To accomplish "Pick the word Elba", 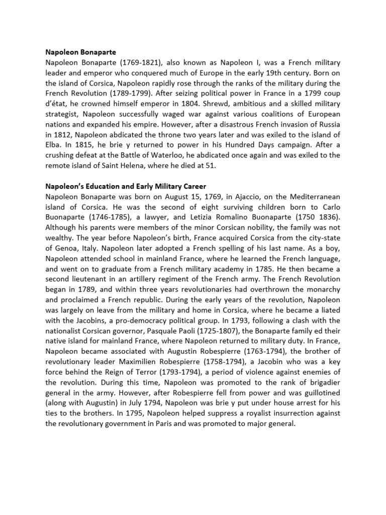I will click(x=54, y=145).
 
